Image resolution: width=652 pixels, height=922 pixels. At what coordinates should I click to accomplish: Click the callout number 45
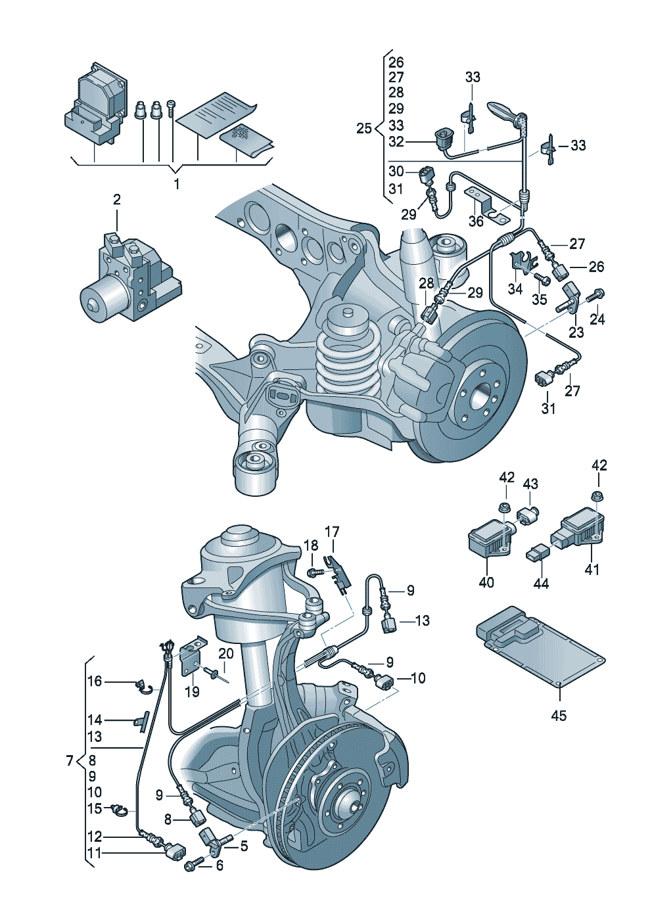[558, 715]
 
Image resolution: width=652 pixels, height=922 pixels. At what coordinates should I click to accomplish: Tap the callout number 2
[116, 199]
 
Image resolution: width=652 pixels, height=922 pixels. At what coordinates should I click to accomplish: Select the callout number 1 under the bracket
[176, 185]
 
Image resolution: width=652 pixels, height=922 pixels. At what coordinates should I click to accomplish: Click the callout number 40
[486, 582]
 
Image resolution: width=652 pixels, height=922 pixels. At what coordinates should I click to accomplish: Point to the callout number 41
[592, 570]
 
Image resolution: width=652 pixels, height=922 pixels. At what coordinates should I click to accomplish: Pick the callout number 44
[541, 583]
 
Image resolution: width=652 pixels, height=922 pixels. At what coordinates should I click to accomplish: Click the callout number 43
[530, 484]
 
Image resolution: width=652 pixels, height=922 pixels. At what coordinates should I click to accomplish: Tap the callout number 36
[476, 221]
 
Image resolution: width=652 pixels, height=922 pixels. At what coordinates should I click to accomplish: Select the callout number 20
[225, 653]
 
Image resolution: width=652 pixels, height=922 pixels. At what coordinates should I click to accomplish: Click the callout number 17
[333, 531]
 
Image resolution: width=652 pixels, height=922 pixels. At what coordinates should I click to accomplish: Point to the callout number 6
[219, 865]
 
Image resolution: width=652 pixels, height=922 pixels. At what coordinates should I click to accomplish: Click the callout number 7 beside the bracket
[69, 761]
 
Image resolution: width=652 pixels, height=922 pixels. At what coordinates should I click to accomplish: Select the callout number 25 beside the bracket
[363, 128]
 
